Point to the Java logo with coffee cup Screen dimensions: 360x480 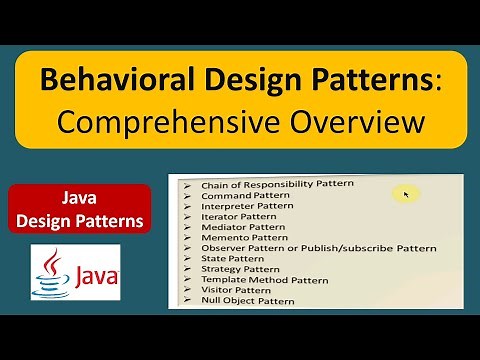point(76,273)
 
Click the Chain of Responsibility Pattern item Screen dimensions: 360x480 point(263,185)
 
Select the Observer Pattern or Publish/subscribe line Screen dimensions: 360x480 point(297,248)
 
